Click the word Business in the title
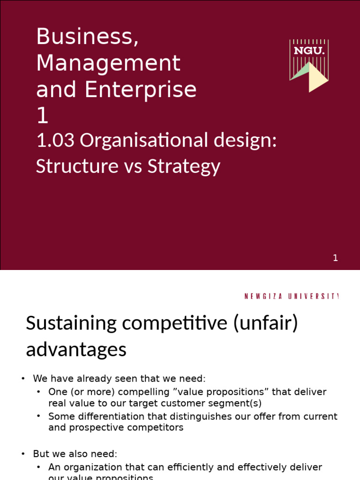click(87, 37)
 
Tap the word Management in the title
click(108, 63)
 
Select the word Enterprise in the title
click(140, 89)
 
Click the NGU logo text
click(309, 51)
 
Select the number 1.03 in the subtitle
click(55, 140)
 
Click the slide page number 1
click(335, 258)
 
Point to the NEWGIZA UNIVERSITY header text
click(291, 296)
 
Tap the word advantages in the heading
click(76, 350)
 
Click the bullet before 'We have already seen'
click(23, 379)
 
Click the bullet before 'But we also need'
click(23, 454)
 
